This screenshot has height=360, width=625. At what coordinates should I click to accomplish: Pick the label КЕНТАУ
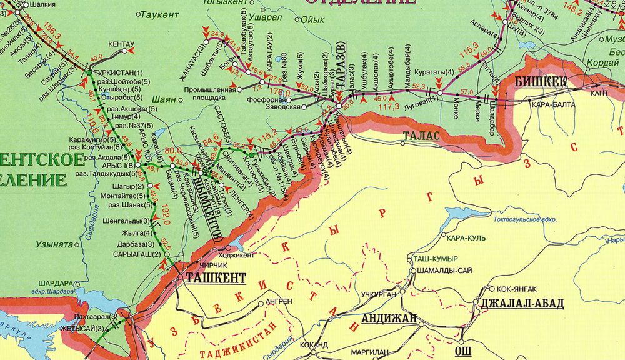(121, 44)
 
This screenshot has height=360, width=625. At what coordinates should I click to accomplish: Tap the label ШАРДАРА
(56, 282)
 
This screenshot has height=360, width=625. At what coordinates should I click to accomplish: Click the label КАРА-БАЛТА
(549, 105)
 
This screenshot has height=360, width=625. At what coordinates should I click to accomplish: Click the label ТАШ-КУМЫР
(436, 259)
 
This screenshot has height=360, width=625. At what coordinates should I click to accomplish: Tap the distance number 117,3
(389, 107)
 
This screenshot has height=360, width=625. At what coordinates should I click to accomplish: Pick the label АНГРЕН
(279, 301)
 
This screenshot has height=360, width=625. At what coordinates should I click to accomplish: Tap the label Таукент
(155, 14)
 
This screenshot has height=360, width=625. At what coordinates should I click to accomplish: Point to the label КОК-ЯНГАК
(517, 289)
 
